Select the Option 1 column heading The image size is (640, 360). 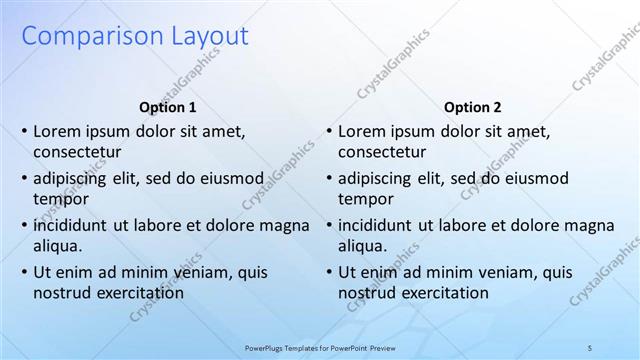[168, 107]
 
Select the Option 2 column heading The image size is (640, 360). [473, 107]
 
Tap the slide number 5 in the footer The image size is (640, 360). [590, 347]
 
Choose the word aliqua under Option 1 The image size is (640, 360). [56, 246]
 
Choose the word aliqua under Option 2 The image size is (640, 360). [361, 246]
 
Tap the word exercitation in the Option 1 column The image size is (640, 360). [137, 293]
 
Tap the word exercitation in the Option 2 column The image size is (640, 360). [442, 293]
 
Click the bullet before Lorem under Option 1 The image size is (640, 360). [24, 131]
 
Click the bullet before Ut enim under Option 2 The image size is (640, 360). [329, 272]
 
